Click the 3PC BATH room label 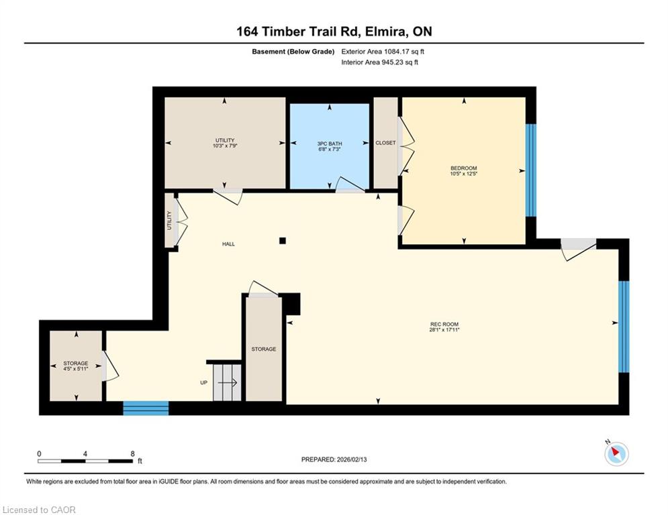click(330, 144)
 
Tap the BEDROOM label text click(463, 168)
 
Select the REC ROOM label click(444, 325)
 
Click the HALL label click(228, 244)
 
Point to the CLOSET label click(385, 143)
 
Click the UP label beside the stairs click(203, 383)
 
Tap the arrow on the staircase click(228, 383)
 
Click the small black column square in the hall click(283, 241)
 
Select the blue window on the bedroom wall click(530, 170)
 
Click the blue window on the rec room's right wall click(623, 327)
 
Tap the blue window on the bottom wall click(146, 408)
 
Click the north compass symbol click(616, 453)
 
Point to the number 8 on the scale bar click(133, 454)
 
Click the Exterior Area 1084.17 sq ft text click(383, 52)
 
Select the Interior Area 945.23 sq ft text click(379, 62)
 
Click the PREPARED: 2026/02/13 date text click(334, 459)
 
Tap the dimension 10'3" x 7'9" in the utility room click(225, 146)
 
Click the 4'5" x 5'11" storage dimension click(76, 369)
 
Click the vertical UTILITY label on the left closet click(169, 221)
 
